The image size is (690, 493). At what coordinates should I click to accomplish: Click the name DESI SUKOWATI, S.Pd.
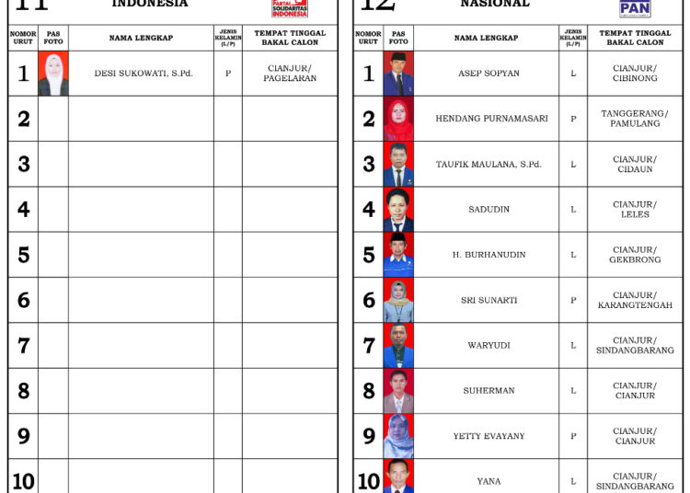click(144, 74)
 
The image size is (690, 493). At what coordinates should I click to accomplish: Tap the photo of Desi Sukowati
click(52, 74)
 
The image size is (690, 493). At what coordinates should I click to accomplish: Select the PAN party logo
click(635, 8)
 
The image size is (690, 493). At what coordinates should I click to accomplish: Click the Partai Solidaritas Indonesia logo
click(290, 8)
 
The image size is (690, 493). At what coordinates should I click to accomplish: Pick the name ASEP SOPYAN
click(489, 74)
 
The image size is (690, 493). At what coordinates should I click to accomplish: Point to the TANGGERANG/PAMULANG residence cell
click(635, 119)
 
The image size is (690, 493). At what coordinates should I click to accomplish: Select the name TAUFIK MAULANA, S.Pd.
click(489, 165)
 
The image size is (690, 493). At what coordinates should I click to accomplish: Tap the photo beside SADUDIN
click(398, 210)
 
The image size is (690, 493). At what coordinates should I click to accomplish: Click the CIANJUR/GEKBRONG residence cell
click(635, 255)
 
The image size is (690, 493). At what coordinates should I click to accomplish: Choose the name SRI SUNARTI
click(489, 300)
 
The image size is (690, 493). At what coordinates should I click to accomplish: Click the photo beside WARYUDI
click(398, 346)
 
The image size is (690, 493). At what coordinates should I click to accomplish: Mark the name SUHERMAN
click(489, 391)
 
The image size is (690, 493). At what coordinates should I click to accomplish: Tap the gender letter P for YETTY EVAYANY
click(573, 436)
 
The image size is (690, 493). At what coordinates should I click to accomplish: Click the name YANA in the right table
click(489, 481)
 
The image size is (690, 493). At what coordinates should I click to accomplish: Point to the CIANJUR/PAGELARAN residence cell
click(290, 74)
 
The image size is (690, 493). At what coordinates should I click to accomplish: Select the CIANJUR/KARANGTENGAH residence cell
click(635, 300)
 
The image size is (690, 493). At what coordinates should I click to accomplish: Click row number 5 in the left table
click(24, 255)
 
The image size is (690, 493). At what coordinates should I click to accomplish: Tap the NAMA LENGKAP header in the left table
click(141, 38)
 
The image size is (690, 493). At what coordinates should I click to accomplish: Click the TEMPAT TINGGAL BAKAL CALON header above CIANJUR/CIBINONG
click(635, 38)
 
